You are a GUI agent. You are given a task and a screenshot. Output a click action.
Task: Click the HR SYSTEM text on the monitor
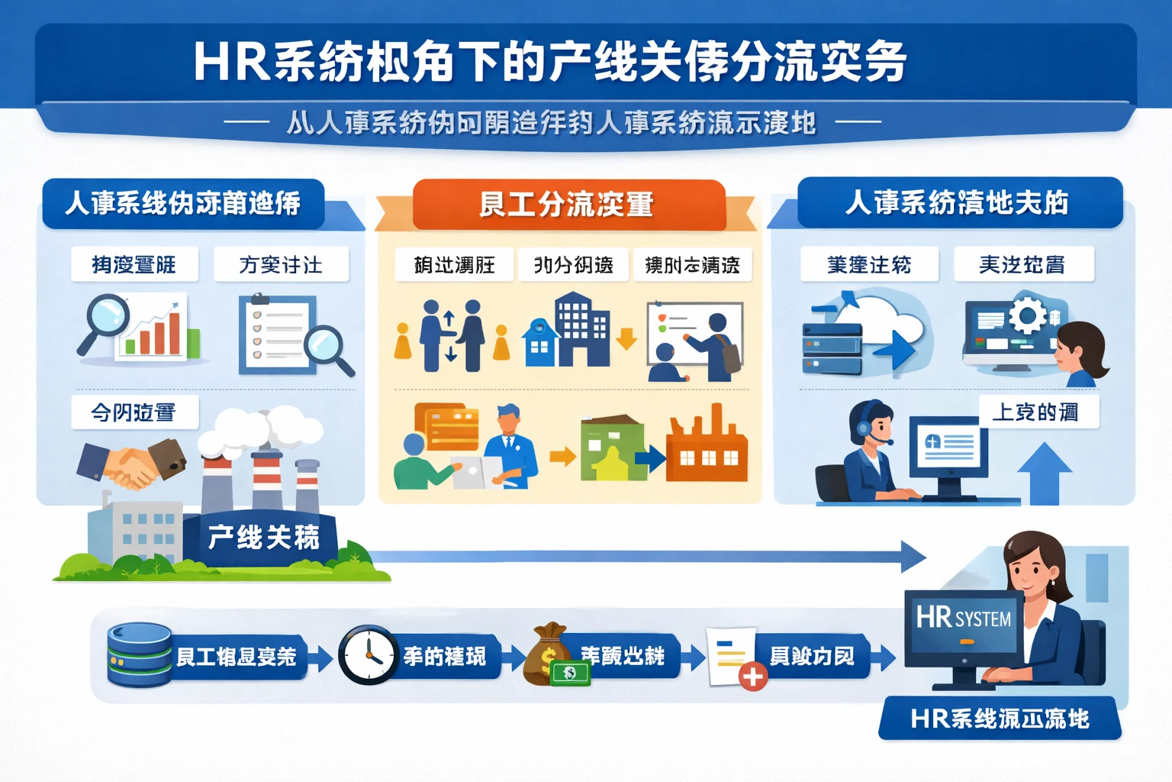pos(963,618)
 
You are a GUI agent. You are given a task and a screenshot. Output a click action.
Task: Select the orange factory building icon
pos(706,451)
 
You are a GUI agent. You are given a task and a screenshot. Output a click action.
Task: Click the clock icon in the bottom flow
pos(368,655)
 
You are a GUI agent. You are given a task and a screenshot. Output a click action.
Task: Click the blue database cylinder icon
pos(139,655)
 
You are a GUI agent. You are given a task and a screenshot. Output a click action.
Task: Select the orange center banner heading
pos(568,205)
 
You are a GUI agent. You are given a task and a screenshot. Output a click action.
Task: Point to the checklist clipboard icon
pos(275,334)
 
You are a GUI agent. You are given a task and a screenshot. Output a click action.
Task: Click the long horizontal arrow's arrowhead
pos(913,556)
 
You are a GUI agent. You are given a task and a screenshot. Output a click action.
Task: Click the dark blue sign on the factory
pos(263,538)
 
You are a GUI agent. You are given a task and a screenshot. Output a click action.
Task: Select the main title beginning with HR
pos(549,61)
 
